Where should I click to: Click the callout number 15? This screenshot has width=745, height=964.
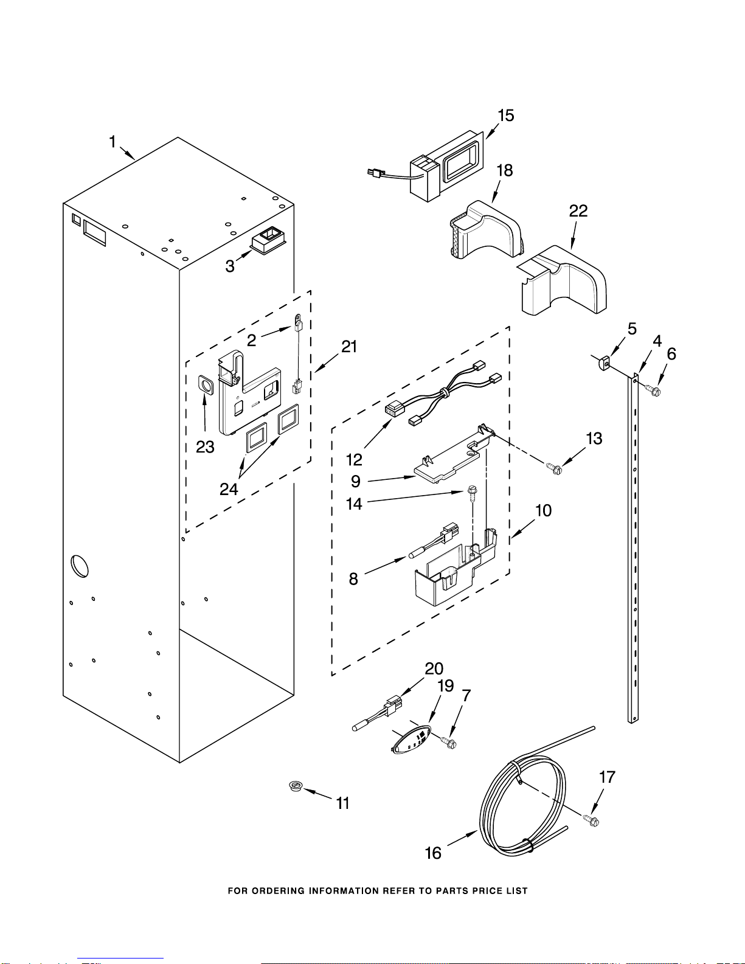coord(505,116)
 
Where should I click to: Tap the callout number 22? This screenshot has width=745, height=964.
coord(578,210)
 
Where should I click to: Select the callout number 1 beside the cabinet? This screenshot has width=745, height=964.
coord(113,142)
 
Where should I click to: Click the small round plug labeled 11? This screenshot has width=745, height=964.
coord(295,786)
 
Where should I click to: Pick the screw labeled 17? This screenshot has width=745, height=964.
coord(591,820)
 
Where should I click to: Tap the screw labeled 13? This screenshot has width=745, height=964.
coord(555,468)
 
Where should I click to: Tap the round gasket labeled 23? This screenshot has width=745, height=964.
coord(206,384)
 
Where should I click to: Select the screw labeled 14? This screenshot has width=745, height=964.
coord(472,494)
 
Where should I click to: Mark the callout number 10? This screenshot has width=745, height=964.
coord(543,511)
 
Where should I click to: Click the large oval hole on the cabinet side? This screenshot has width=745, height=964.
coord(80,566)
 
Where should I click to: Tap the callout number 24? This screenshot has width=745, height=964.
coord(229,490)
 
